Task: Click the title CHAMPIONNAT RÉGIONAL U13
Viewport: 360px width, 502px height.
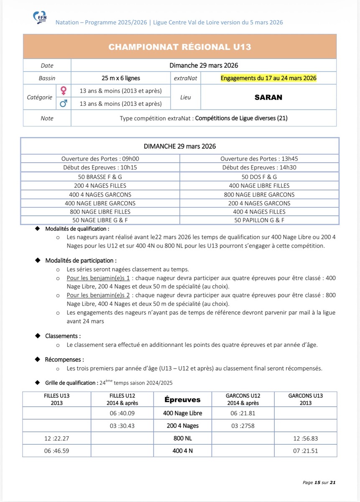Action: pyautogui.click(x=180, y=47)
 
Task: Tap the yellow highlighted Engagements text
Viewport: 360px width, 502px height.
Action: pyautogui.click(x=268, y=78)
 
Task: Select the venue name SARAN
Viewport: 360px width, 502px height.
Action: pyautogui.click(x=268, y=97)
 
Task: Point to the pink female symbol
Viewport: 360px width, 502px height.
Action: pyautogui.click(x=64, y=91)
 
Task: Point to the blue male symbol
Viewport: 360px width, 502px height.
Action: pyautogui.click(x=64, y=103)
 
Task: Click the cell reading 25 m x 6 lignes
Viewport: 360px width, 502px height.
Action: pyautogui.click(x=121, y=78)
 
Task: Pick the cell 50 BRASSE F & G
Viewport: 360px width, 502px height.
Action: pyautogui.click(x=100, y=177)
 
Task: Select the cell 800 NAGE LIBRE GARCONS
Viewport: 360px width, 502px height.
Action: pyautogui.click(x=259, y=195)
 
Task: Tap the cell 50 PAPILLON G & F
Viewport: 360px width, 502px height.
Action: pyautogui.click(x=259, y=220)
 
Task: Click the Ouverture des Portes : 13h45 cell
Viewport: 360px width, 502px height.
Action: pyautogui.click(x=259, y=159)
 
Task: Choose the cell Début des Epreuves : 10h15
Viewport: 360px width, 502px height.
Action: pyautogui.click(x=100, y=168)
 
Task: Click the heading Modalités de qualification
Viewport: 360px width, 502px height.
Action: pyautogui.click(x=77, y=229)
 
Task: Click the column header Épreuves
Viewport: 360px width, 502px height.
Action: pyautogui.click(x=182, y=400)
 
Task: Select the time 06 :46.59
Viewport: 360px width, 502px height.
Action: pyautogui.click(x=56, y=451)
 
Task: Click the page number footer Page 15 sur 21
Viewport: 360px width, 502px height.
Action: pyautogui.click(x=319, y=482)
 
